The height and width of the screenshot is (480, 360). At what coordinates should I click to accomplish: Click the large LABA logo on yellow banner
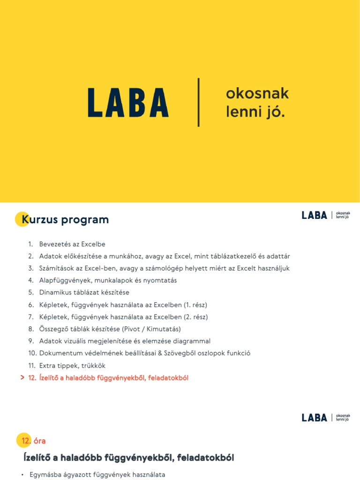[128, 103]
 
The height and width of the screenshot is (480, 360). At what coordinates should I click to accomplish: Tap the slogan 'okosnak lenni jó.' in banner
[257, 103]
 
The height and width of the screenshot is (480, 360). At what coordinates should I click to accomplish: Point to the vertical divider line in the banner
[199, 102]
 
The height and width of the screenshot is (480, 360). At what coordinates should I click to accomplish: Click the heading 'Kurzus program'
[65, 219]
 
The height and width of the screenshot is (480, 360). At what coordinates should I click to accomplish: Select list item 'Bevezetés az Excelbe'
[72, 244]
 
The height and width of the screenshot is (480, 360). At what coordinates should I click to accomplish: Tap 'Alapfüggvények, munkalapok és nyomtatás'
[108, 280]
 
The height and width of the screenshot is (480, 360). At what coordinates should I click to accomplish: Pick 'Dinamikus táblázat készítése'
[84, 292]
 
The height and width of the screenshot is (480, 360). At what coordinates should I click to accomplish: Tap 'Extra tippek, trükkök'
[72, 366]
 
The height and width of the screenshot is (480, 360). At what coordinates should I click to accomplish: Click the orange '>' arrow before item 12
[22, 378]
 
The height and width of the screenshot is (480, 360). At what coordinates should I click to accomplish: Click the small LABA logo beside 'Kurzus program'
[315, 215]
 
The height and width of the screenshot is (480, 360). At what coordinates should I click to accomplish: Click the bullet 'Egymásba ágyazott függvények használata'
[97, 475]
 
